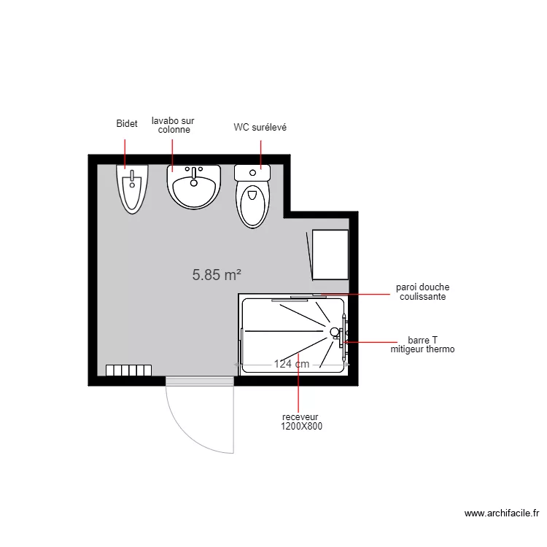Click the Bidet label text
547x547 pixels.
127,125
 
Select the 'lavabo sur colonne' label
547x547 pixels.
174,125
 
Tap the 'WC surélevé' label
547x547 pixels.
260,128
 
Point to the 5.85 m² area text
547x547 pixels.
217,275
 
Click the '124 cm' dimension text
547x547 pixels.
292,364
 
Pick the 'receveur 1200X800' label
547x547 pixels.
300,422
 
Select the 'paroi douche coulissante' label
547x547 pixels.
422,292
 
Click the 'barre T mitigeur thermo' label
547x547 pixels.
422,345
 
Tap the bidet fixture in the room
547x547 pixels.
132,188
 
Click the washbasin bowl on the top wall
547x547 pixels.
194,188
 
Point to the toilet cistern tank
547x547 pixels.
252,173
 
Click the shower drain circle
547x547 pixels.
335,332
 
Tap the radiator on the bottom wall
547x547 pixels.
128,371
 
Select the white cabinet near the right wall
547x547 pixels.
330,254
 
